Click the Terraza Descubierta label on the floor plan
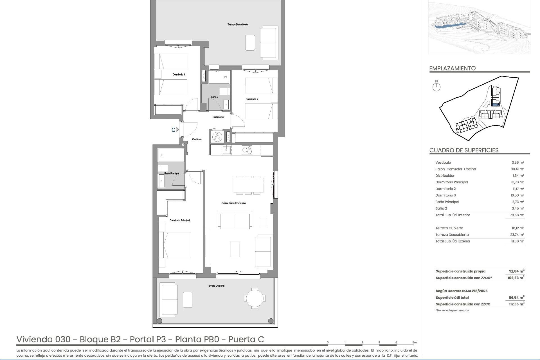(x=238, y=24)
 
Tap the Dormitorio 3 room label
(x=179, y=75)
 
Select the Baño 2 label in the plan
(x=215, y=97)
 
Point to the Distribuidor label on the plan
(x=218, y=117)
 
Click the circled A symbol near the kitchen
(x=217, y=137)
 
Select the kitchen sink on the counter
(x=226, y=150)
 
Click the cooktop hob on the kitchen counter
(x=247, y=150)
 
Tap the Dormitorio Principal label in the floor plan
(x=180, y=220)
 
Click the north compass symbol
(x=436, y=87)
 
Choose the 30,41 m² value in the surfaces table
(x=518, y=169)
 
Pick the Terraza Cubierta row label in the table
(x=449, y=228)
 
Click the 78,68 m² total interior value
(x=517, y=215)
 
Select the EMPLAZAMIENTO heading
(x=452, y=68)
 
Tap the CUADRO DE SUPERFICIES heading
(x=464, y=150)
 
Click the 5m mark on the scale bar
(x=414, y=343)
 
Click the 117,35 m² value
(x=517, y=304)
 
